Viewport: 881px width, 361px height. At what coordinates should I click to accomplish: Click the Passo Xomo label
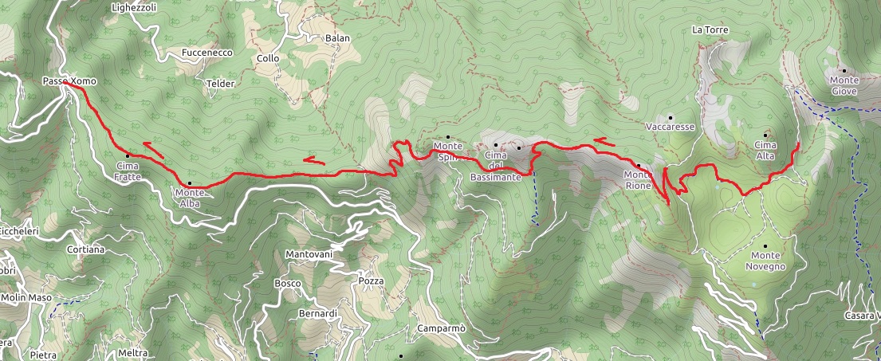click(69, 81)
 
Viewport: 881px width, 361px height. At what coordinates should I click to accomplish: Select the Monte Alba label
click(189, 198)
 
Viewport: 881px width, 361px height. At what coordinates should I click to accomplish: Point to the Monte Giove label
click(844, 85)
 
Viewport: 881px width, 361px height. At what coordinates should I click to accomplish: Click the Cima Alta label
click(765, 151)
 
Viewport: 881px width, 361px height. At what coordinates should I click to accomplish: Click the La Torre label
click(710, 30)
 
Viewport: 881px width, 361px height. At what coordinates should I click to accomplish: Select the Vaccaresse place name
click(670, 128)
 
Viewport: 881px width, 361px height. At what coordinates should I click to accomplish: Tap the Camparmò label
click(441, 328)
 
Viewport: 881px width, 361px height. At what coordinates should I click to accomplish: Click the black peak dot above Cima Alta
click(765, 135)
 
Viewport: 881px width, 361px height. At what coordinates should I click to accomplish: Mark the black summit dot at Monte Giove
click(842, 70)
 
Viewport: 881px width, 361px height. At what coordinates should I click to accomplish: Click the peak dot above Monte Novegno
click(765, 245)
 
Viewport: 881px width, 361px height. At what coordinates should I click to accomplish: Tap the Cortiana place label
click(86, 249)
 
